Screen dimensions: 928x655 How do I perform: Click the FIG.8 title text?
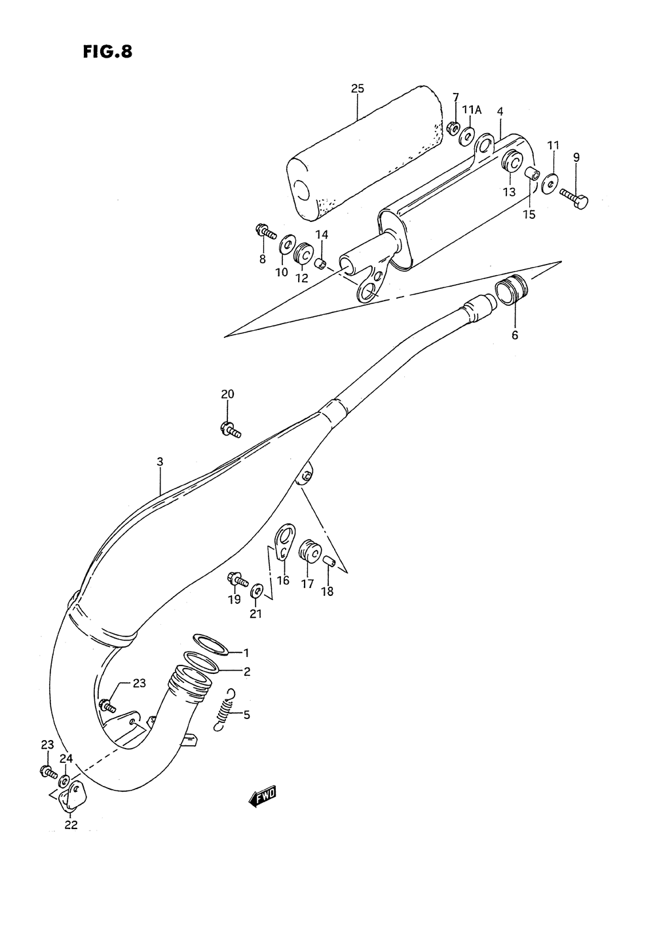[107, 52]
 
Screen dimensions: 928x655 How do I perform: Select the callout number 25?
[357, 89]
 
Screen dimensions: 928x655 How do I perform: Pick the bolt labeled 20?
[231, 430]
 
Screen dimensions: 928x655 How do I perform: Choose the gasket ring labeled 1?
[210, 644]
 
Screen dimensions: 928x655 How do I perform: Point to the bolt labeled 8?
[265, 232]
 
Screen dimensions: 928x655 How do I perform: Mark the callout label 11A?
[472, 110]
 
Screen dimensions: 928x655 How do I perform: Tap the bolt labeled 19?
[237, 580]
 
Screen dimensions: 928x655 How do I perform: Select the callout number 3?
[159, 462]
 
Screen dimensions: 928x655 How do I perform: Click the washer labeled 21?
[258, 591]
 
